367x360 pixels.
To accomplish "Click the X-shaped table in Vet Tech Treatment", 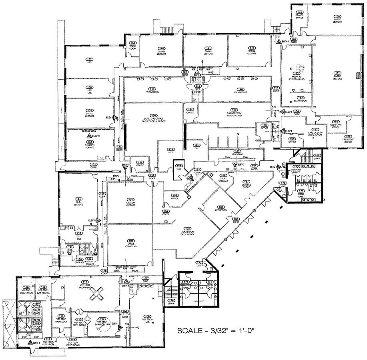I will click(95, 295).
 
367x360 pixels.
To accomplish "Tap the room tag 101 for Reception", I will click(221, 208).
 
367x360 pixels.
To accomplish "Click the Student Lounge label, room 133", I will click(91, 143).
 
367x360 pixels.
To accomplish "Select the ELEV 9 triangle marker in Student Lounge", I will click(89, 136).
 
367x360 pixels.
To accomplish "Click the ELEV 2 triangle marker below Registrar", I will click(235, 165).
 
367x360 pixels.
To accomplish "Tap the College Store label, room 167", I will click(247, 185).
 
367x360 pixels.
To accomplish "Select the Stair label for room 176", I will click(172, 302).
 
